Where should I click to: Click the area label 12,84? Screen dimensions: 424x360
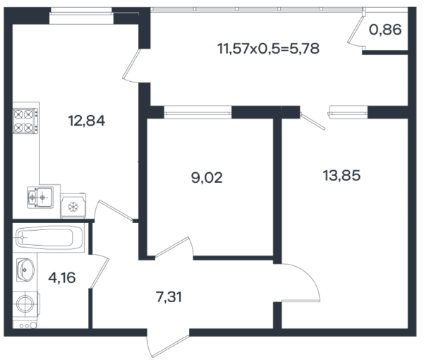click(x=87, y=121)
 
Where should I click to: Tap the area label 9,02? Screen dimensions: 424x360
click(x=207, y=178)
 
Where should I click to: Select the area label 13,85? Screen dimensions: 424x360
click(x=341, y=176)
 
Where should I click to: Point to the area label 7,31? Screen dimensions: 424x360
click(x=169, y=297)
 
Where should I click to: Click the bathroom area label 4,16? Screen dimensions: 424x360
click(x=61, y=278)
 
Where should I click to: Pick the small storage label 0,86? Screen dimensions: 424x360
click(x=385, y=30)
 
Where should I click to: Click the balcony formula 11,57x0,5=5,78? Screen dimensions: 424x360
click(x=268, y=49)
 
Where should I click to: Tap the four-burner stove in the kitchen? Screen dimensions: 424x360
click(x=25, y=121)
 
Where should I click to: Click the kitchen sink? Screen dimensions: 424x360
click(x=40, y=198)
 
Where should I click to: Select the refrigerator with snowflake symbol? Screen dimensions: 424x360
click(x=73, y=205)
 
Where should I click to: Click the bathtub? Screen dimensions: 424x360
click(x=49, y=237)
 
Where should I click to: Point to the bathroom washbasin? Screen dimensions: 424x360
click(x=25, y=270)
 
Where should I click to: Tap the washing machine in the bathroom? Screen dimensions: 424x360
click(x=25, y=304)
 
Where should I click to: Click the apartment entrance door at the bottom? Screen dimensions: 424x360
click(x=168, y=343)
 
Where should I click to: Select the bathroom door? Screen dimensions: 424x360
click(x=99, y=271)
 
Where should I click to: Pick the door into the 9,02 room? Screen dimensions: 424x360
click(x=174, y=247)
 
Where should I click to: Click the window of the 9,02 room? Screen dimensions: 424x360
click(x=198, y=112)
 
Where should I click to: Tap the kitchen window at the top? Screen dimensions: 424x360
click(x=81, y=16)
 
